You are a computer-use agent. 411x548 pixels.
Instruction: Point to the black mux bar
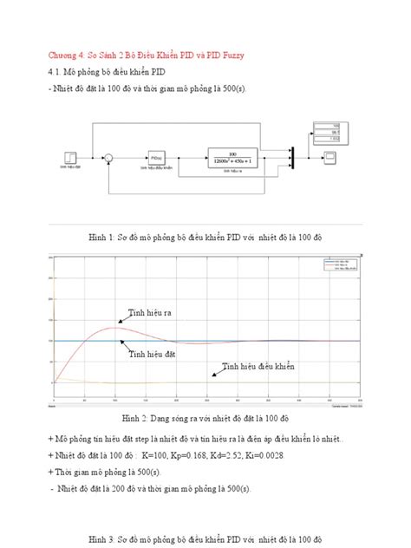pyautogui.click(x=292, y=157)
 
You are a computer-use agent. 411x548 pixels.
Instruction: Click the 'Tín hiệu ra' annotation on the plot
pyautogui.click(x=150, y=313)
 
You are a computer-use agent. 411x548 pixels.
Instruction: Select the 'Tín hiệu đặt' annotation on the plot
pyautogui.click(x=151, y=355)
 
